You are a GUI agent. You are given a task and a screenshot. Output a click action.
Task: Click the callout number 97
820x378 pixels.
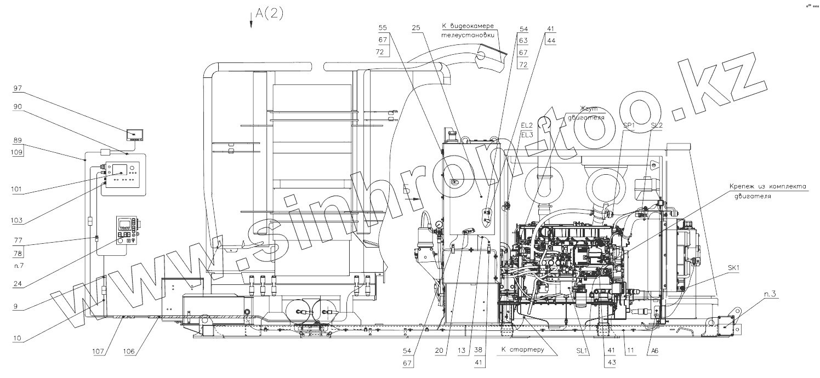[x=18, y=88]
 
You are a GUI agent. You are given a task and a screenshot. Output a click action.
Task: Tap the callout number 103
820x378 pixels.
[x=18, y=220]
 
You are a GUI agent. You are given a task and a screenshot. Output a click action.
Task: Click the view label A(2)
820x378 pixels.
[x=269, y=14]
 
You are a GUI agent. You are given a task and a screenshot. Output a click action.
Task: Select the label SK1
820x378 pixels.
[x=734, y=268]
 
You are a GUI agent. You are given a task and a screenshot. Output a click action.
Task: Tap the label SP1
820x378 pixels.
[x=629, y=125]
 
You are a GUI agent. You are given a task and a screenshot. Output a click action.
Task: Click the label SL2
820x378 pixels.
[x=656, y=125]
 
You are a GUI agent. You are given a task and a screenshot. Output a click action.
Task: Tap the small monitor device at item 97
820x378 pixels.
[x=135, y=135]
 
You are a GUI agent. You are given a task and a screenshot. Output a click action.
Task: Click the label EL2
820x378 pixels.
[x=526, y=125]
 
